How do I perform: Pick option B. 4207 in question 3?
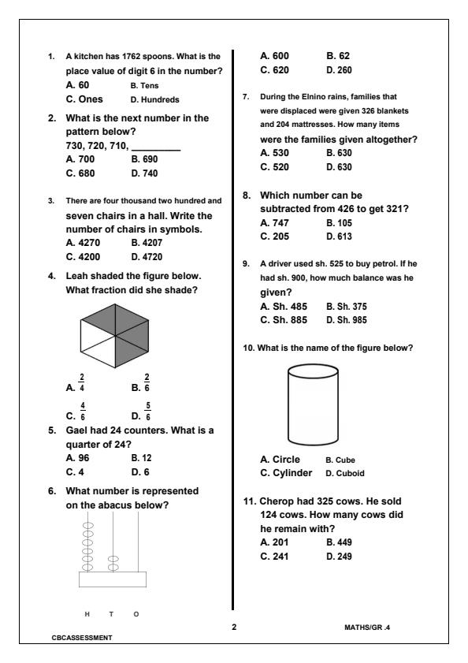tap(148, 244)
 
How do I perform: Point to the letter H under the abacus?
tap(87, 614)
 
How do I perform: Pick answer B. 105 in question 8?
tap(340, 223)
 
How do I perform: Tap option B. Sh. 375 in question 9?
tap(347, 306)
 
